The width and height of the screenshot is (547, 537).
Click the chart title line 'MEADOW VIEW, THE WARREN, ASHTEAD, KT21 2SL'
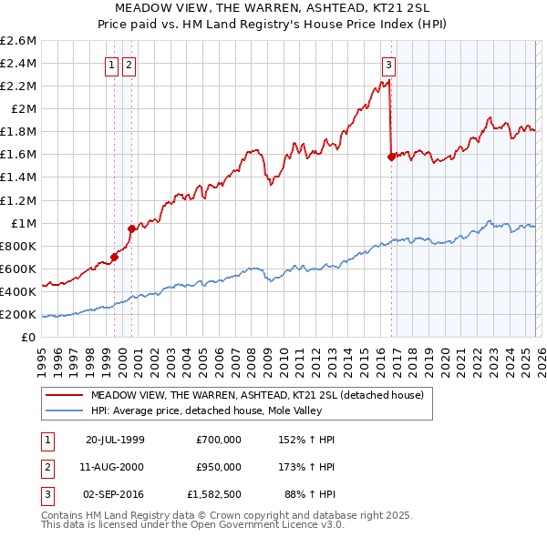[x=273, y=6]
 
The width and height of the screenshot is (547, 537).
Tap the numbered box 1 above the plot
[x=111, y=65]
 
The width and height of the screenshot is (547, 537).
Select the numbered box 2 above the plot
[x=129, y=65]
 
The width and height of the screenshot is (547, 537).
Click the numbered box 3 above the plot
[x=388, y=65]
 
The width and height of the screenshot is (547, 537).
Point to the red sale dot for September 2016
[x=391, y=157]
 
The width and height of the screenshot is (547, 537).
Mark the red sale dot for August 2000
[x=131, y=228]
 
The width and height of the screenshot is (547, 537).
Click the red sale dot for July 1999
[x=114, y=257]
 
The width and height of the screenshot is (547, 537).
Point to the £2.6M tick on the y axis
[x=19, y=41]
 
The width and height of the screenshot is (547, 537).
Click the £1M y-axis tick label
[x=23, y=223]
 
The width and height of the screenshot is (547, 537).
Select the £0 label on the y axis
[x=29, y=337]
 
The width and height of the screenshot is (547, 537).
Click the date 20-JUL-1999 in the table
[x=115, y=440]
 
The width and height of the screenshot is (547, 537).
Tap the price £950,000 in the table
[x=219, y=467]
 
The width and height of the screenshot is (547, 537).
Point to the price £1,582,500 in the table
[x=214, y=495]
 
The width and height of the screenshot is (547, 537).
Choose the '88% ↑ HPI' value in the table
[x=309, y=495]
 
